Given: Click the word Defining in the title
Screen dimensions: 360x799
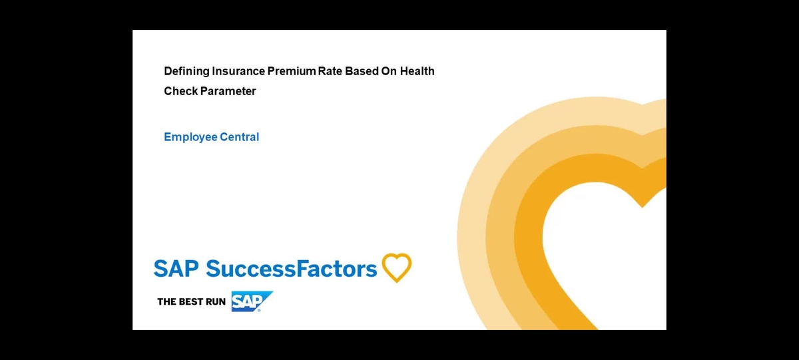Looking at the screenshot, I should pos(187,71).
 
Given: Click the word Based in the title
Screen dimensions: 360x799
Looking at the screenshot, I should pos(361,71).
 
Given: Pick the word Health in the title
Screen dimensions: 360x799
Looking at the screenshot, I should pos(417,71).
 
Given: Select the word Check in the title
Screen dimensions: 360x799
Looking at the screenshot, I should pos(181,91).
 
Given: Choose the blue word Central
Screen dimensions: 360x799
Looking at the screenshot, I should pos(240,137).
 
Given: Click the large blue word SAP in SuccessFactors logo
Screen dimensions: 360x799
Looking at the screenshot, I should pos(176,269).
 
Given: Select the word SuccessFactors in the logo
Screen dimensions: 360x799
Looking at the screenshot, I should pos(292,269).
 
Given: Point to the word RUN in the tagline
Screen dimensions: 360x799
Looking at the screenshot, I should pos(216,301).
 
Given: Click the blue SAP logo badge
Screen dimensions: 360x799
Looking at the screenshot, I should pos(250,301).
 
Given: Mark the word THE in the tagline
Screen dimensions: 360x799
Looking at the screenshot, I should pos(166,301).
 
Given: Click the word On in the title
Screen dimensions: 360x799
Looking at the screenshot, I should pos(389,71).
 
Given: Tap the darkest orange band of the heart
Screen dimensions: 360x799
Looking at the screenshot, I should pos(533,253).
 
